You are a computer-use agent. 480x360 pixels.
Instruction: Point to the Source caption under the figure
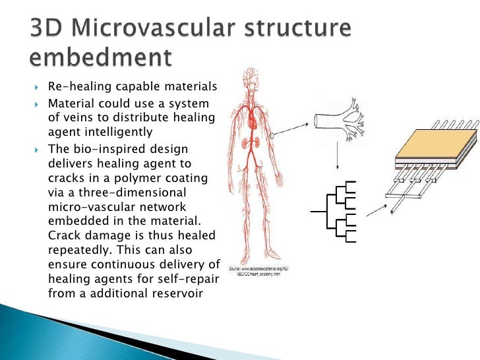pyautogui.click(x=259, y=272)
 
